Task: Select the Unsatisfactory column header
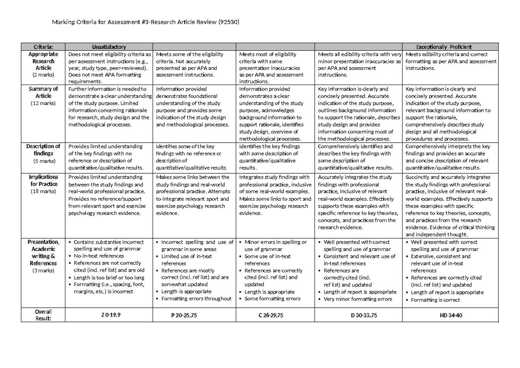coord(109,47)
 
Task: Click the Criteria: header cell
coord(43,47)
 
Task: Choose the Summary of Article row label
coord(43,92)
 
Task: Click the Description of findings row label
coord(43,149)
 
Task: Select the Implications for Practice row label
coord(43,180)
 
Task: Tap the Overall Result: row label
coord(43,315)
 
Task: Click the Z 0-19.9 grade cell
coord(108,315)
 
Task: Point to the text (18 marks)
coord(43,191)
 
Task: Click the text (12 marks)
coord(43,103)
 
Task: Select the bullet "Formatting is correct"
coord(438,300)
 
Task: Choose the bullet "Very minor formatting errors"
coord(357,299)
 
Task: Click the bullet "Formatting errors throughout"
coord(196,299)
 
